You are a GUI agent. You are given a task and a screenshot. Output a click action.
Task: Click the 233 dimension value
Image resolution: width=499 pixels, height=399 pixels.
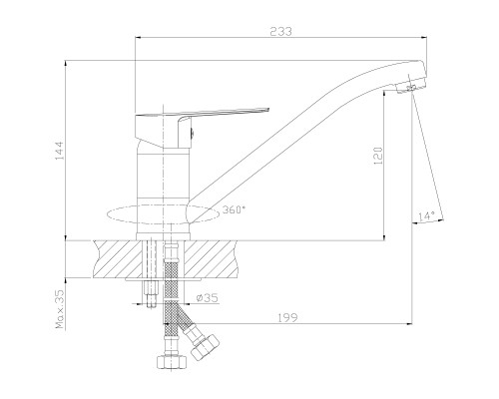click(280, 31)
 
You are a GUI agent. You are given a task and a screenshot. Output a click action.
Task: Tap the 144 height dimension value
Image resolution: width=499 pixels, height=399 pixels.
click(59, 151)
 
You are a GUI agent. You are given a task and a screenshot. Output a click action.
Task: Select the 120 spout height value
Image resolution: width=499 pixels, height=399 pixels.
click(378, 156)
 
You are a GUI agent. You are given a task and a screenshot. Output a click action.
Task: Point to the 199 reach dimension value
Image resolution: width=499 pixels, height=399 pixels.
click(287, 318)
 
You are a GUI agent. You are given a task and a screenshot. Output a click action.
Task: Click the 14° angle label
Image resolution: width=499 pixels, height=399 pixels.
click(426, 216)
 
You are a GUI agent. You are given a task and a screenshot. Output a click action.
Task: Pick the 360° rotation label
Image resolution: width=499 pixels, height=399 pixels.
click(234, 209)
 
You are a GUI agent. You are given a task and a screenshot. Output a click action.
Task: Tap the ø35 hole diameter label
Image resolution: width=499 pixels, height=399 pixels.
click(207, 297)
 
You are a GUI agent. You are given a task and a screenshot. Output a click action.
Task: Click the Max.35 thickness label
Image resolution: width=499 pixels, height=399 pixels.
click(60, 309)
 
